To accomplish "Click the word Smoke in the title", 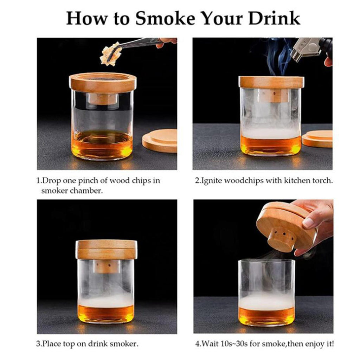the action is pos(165,18).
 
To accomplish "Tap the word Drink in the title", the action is pos(274,18).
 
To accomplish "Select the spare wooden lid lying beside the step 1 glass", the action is pos(160,141).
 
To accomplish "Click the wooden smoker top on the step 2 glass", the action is pos(271,83).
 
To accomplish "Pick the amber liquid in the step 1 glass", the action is pos(102,144).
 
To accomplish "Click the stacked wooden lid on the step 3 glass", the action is pos(106,250).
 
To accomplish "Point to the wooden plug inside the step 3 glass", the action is pos(106,266).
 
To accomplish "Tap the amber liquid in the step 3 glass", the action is pos(106,313).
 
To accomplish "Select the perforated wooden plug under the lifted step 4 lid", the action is pos(282,239).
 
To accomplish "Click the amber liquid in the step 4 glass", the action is pos(266,316).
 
